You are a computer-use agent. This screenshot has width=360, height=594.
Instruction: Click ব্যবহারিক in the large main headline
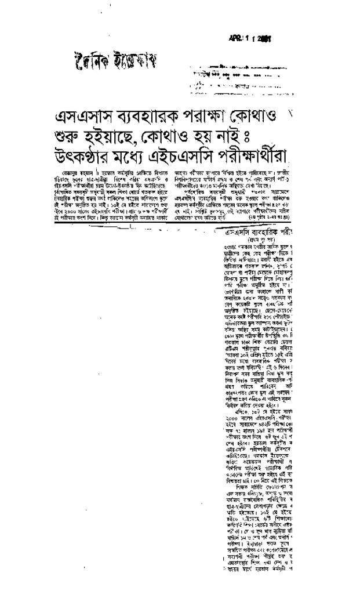coord(146,115)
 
